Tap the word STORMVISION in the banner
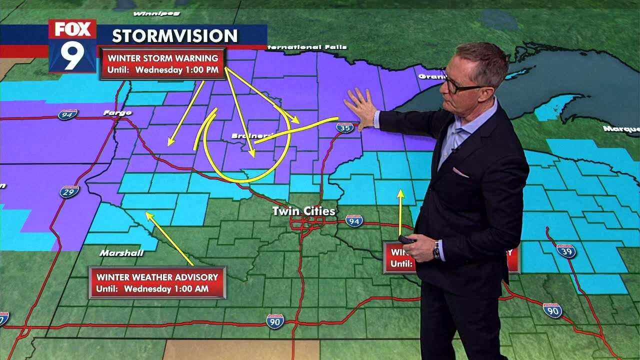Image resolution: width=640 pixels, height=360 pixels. (174, 36)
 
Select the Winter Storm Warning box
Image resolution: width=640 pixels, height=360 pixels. (163, 64)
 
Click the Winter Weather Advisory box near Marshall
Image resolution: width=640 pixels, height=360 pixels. (157, 282)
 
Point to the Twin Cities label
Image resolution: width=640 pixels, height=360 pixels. (303, 211)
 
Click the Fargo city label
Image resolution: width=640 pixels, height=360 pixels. (117, 113)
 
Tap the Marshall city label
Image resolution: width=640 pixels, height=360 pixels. (121, 253)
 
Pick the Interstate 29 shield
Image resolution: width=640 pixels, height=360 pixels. (69, 191)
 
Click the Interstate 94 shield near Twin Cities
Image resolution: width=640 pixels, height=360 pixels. (354, 220)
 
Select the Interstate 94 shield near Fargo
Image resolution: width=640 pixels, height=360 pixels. (67, 115)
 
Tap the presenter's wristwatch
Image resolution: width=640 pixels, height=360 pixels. (436, 249)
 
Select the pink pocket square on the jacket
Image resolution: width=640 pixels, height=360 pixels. (460, 173)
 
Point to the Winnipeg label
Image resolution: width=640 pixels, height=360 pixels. (149, 13)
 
